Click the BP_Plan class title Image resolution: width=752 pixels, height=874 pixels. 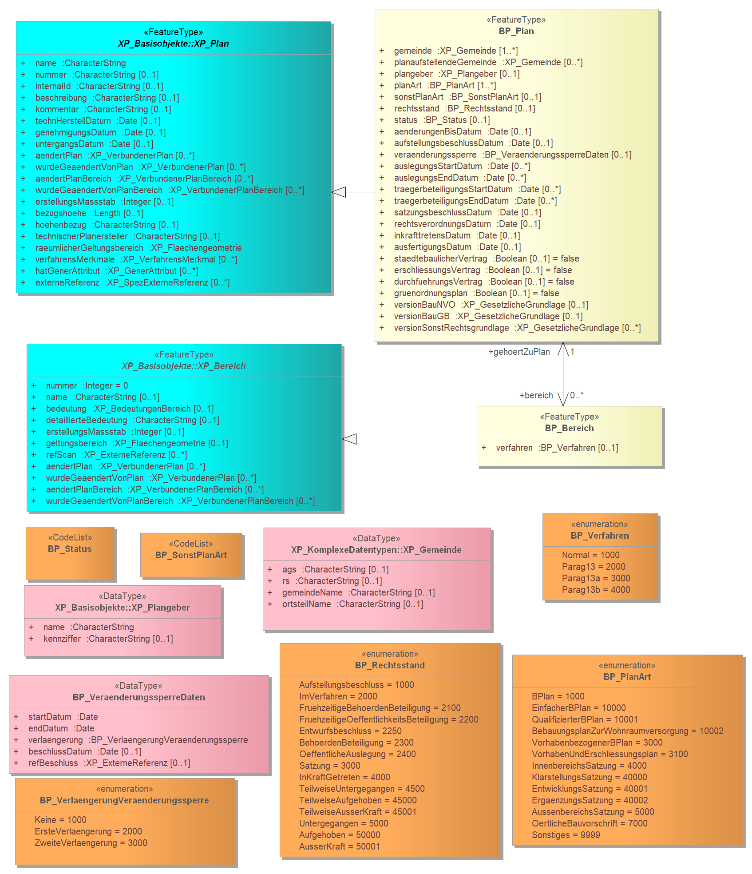point(516,31)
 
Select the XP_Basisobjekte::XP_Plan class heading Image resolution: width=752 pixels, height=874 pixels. point(174,44)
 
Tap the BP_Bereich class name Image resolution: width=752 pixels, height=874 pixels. point(570,428)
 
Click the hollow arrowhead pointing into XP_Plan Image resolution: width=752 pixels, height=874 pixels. point(338,192)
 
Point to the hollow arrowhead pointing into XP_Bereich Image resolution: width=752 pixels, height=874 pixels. point(349,439)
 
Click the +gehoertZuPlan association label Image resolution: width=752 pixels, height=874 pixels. point(519,352)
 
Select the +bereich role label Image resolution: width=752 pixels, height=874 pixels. point(536,395)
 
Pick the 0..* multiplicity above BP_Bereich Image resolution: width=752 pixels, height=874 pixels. point(577,395)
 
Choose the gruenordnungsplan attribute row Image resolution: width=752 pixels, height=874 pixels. point(476,293)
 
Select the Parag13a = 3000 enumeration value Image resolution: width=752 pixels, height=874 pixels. point(596,578)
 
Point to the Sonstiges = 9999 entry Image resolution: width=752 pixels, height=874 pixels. point(566,835)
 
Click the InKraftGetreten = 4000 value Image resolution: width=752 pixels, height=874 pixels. point(344,777)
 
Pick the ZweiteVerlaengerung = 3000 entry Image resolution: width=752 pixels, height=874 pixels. point(91,843)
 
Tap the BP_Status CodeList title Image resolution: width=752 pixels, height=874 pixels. point(70,549)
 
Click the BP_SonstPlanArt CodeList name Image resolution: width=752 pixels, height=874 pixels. point(191,555)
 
